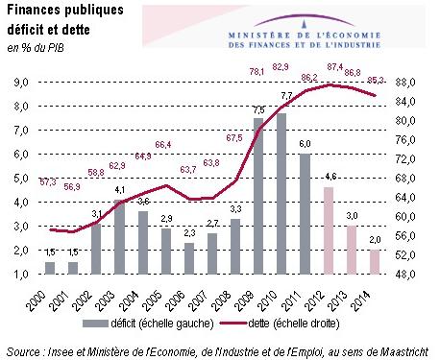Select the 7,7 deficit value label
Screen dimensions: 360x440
pyautogui.click(x=286, y=96)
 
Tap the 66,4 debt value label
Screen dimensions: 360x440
pyautogui.click(x=163, y=144)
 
